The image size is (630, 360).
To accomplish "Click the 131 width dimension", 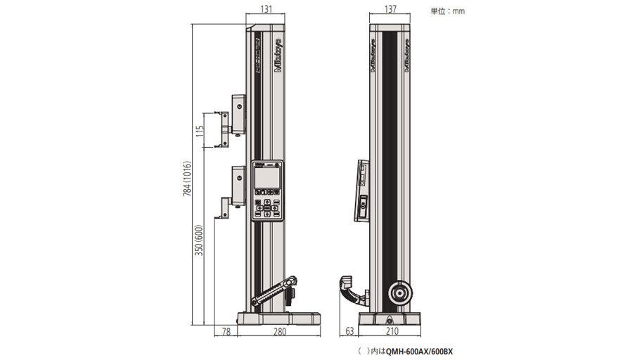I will (x=266, y=10).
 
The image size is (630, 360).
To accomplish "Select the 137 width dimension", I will (x=392, y=10).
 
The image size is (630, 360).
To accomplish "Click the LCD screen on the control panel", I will (x=266, y=178).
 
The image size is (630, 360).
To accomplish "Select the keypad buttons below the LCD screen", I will (x=266, y=205).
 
